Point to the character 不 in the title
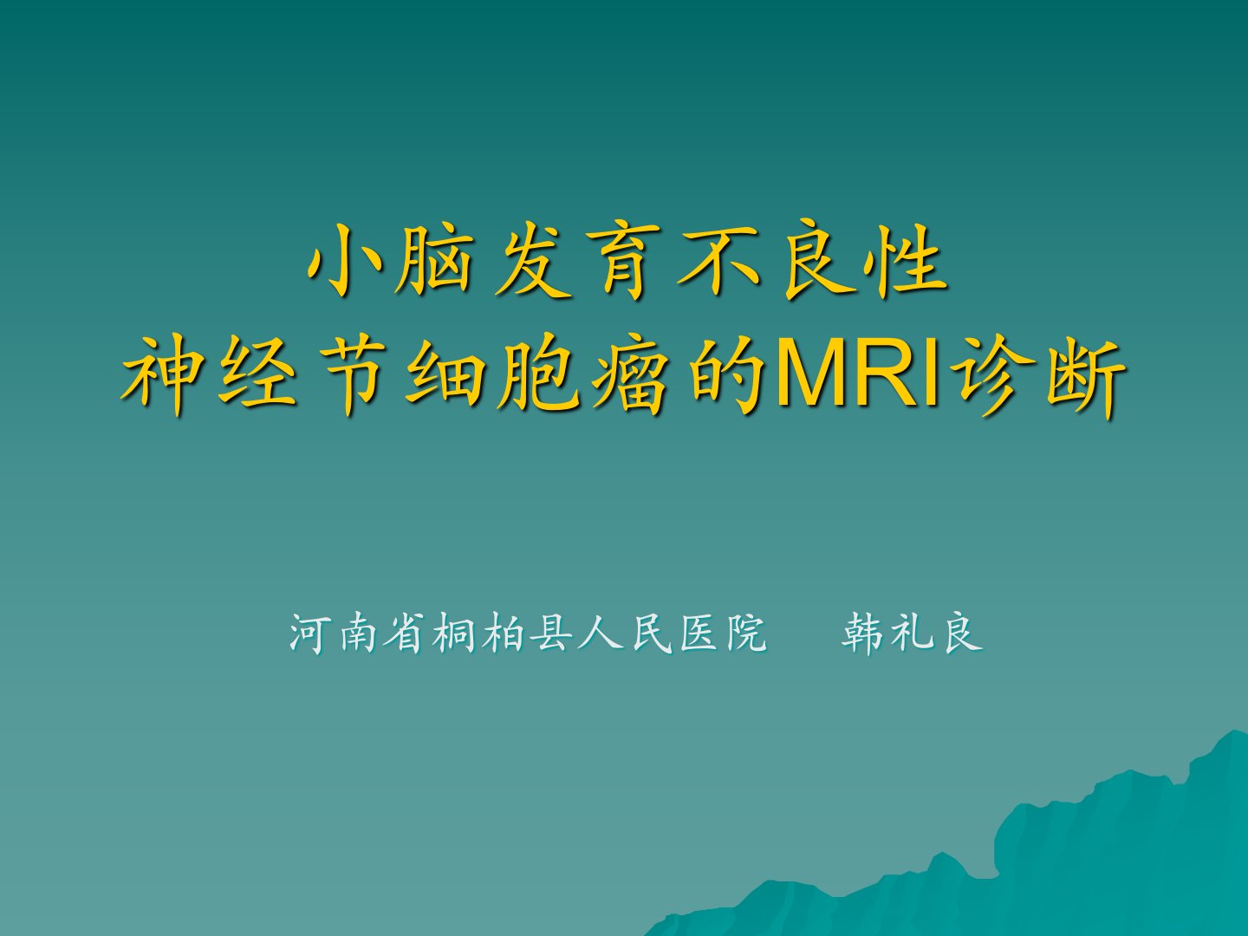(718, 261)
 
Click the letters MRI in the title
(858, 374)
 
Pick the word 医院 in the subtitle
(723, 633)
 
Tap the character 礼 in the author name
(912, 633)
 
